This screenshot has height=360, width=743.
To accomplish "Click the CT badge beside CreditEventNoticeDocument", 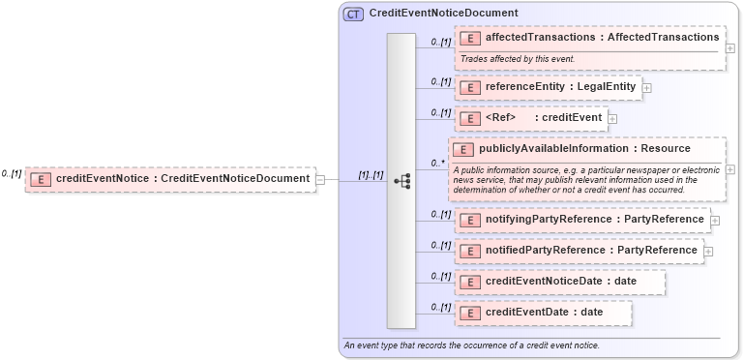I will tap(353, 14).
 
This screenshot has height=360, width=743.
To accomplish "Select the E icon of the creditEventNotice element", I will tap(40, 179).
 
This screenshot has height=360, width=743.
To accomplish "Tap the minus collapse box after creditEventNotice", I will tap(320, 179).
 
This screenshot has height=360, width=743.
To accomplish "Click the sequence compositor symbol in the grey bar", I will tap(402, 180).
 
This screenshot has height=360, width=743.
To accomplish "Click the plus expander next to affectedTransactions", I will tap(729, 47).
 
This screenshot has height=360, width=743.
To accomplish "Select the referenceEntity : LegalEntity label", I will tap(560, 87).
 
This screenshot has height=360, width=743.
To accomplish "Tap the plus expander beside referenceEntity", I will tap(646, 88).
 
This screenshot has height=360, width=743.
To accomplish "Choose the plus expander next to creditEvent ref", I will tap(612, 119).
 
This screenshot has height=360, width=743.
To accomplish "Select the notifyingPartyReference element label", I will tap(594, 220).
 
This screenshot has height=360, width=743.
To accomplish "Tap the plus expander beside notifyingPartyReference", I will tap(715, 221).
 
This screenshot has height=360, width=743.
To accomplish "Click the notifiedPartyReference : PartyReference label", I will tap(591, 251).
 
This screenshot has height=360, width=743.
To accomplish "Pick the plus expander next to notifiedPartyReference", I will tap(709, 252).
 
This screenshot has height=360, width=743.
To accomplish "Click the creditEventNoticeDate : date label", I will tap(560, 282).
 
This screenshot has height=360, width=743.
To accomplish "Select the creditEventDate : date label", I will tap(544, 313).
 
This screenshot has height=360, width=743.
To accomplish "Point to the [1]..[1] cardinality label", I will tap(371, 175).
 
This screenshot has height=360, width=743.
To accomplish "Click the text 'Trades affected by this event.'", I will tap(518, 59).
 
